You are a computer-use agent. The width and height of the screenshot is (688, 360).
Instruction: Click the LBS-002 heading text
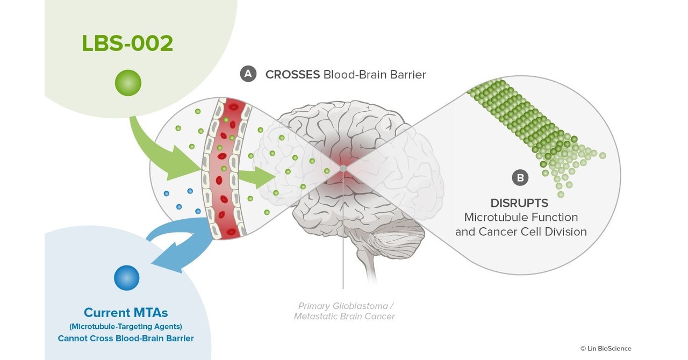click(x=127, y=44)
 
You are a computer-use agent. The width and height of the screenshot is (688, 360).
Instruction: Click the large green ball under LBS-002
click(x=128, y=83)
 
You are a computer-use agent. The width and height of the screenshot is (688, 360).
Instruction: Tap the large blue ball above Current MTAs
click(x=127, y=278)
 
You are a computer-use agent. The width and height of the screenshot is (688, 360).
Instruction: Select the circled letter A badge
click(x=248, y=74)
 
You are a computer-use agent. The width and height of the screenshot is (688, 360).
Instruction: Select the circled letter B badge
click(x=520, y=177)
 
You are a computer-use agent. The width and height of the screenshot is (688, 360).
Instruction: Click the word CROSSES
click(x=292, y=75)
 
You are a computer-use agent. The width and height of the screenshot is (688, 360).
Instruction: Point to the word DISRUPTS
click(x=519, y=203)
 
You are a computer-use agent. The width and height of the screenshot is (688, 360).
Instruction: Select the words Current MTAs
click(x=126, y=312)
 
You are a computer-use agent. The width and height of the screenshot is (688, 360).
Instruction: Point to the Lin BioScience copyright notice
click(x=606, y=348)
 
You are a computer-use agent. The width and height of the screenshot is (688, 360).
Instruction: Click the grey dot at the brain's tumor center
click(x=343, y=169)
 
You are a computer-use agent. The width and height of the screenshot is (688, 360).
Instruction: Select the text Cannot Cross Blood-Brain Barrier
click(x=126, y=339)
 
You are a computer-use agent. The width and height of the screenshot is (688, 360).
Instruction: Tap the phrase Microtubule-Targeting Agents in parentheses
click(x=126, y=326)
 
